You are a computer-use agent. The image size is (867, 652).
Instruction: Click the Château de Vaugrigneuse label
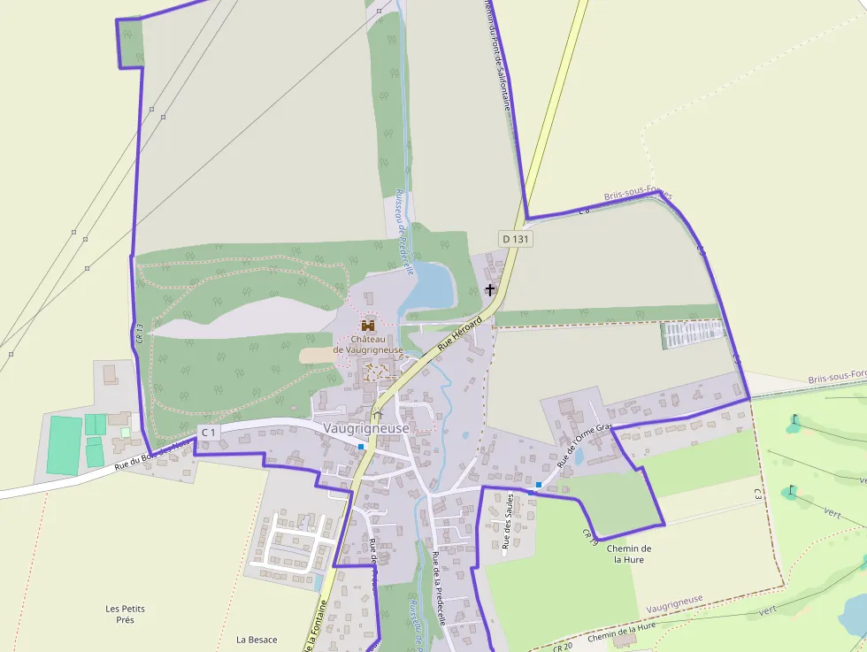click(368, 344)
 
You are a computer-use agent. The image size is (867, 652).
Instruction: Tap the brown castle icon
click(368, 326)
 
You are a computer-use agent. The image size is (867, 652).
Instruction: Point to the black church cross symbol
click(489, 289)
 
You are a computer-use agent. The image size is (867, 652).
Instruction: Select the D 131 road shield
click(516, 239)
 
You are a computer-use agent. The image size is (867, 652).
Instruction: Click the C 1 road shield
click(209, 432)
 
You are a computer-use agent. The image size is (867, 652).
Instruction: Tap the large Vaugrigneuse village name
click(366, 428)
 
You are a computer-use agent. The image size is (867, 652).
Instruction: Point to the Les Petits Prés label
click(125, 614)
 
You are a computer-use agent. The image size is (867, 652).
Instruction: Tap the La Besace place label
click(257, 640)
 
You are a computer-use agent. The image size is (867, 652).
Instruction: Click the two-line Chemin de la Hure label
click(629, 554)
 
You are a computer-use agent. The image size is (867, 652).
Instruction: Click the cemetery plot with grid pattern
click(692, 334)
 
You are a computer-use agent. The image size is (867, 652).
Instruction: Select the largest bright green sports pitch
click(62, 444)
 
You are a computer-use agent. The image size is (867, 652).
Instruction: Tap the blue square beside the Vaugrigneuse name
click(361, 447)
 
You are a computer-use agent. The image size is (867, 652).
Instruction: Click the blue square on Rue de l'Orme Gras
click(538, 485)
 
